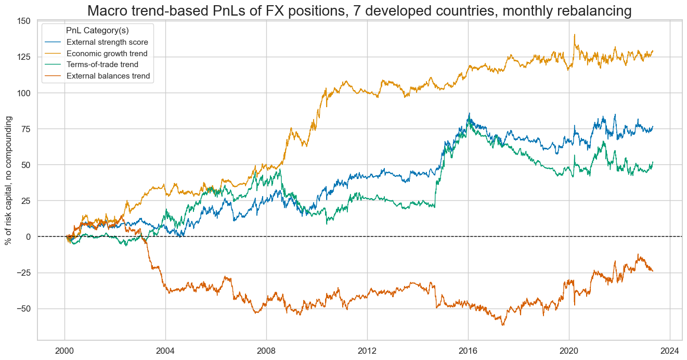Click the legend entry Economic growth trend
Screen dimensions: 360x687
click(x=107, y=54)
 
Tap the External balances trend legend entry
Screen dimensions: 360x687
click(x=108, y=76)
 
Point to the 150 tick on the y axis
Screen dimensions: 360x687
click(x=23, y=21)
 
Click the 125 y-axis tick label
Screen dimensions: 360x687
click(x=23, y=57)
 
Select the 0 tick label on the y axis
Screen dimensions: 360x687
click(x=28, y=237)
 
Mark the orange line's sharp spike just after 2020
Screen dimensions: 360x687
click(x=574, y=35)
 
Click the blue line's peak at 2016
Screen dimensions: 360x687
click(x=469, y=113)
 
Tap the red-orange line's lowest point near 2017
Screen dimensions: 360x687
click(x=503, y=325)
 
